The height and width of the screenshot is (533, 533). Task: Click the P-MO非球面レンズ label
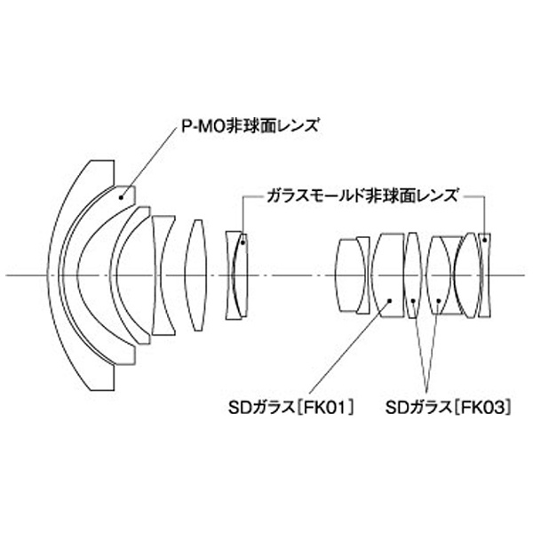pyautogui.click(x=251, y=126)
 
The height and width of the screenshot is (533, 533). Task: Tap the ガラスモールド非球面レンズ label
pyautogui.click(x=362, y=195)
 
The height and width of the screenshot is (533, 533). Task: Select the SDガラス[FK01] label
pyautogui.click(x=291, y=408)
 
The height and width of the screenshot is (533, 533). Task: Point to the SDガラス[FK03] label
pyautogui.click(x=449, y=408)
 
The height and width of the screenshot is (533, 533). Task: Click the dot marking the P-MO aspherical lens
pyautogui.click(x=121, y=197)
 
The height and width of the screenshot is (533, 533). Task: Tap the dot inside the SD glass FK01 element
pyautogui.click(x=390, y=300)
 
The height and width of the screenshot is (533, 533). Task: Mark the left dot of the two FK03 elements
pyautogui.click(x=413, y=301)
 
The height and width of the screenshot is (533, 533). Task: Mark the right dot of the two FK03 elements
pyautogui.click(x=439, y=301)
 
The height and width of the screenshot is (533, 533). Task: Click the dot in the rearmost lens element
pyautogui.click(x=485, y=241)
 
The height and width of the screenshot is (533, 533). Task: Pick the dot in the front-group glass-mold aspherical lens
pyautogui.click(x=243, y=243)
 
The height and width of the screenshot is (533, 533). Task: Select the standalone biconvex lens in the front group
pyautogui.click(x=196, y=275)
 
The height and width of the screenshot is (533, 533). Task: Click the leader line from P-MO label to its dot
pyautogui.click(x=150, y=162)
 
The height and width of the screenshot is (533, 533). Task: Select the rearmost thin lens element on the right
pyautogui.click(x=484, y=275)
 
